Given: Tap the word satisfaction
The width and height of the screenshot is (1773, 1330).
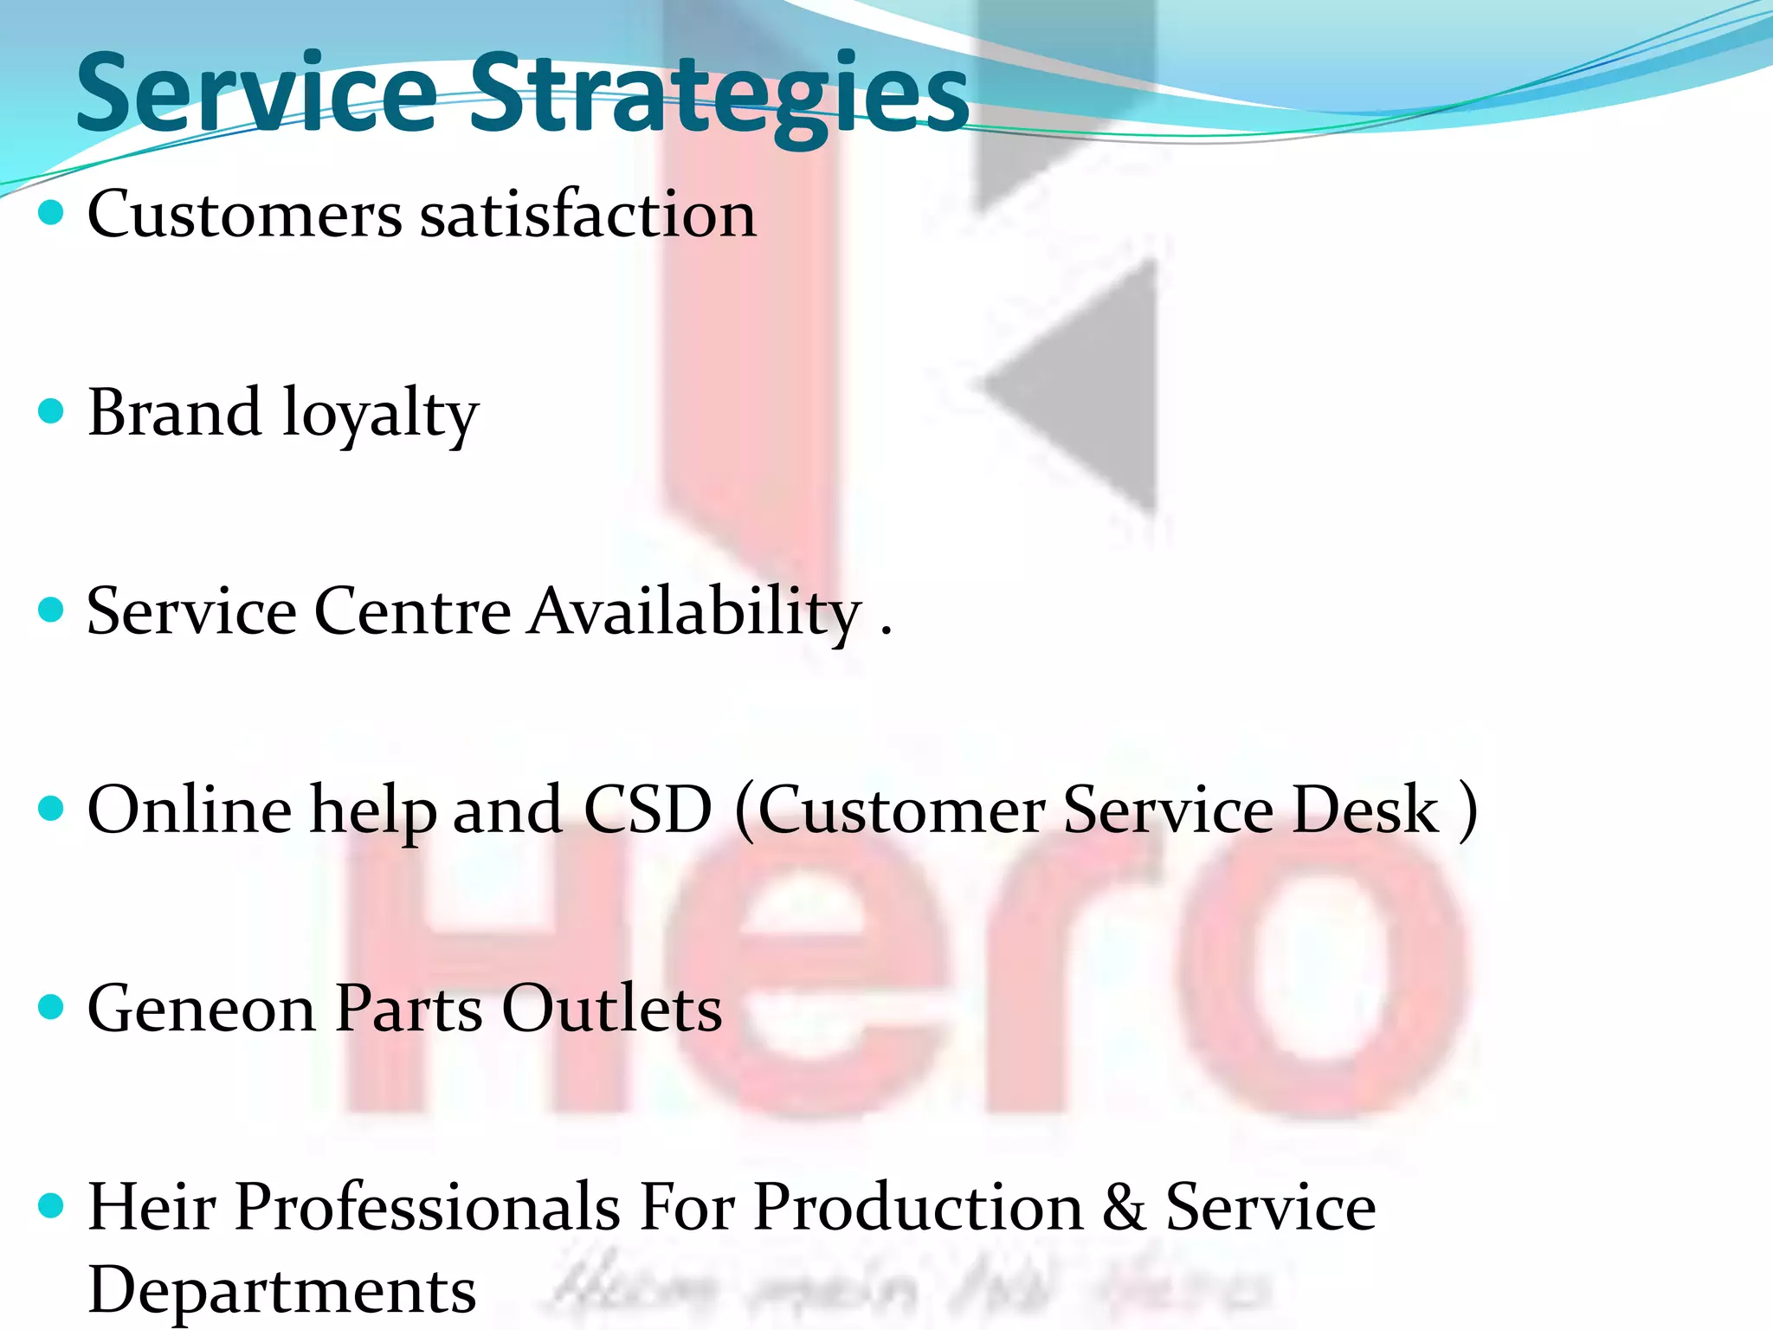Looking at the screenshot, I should [588, 214].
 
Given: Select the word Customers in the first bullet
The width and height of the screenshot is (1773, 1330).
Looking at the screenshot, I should [245, 214].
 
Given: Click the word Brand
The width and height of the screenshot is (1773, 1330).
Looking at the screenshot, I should [174, 412].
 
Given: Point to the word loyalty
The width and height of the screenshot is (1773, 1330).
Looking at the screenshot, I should [380, 416].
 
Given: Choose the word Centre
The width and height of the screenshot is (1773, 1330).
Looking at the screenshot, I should [412, 611].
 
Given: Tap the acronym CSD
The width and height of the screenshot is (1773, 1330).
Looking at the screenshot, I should [648, 810].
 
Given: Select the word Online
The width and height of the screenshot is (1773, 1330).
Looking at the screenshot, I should [190, 810].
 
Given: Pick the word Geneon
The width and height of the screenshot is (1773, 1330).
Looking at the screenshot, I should [201, 1009].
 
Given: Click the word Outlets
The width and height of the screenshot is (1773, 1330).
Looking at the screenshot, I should [612, 1009].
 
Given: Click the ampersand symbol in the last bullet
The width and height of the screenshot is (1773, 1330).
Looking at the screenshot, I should [1124, 1208].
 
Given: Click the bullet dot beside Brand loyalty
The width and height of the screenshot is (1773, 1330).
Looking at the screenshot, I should [52, 410].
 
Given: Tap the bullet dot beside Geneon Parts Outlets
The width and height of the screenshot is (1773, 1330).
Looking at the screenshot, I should [52, 1006].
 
